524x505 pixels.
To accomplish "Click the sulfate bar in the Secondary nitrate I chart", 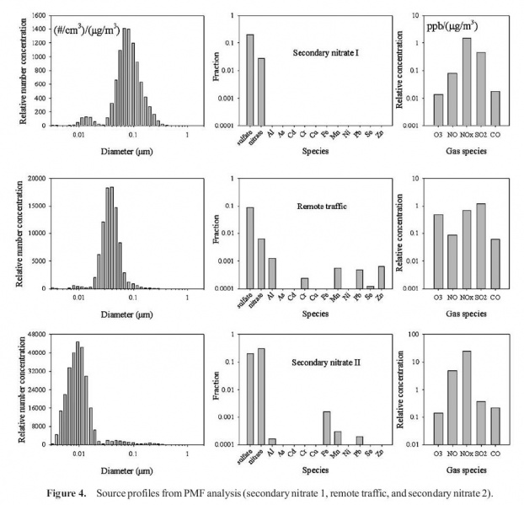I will click(x=250, y=80).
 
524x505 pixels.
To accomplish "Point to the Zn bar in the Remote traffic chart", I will click(x=380, y=277).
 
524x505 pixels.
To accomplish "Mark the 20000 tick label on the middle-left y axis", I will click(x=35, y=178).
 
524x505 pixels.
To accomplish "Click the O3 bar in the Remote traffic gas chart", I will click(x=438, y=251).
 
